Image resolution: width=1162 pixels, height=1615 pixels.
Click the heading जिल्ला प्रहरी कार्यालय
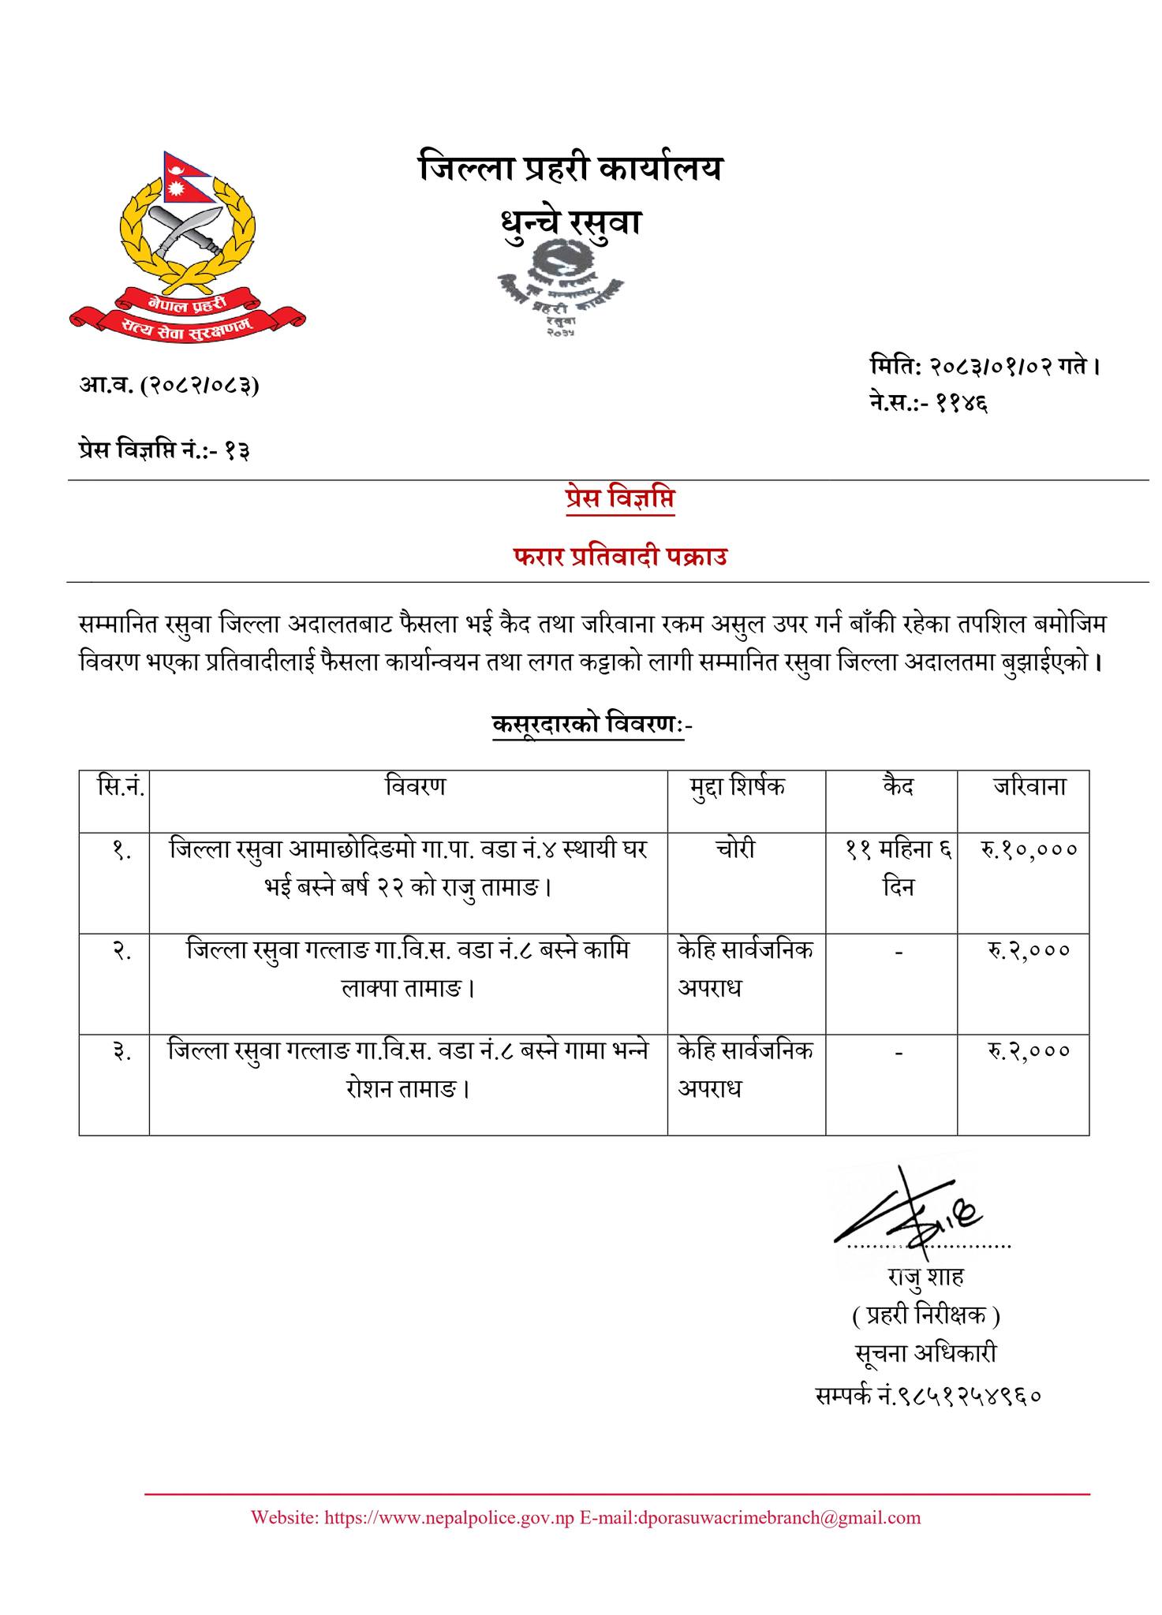point(570,169)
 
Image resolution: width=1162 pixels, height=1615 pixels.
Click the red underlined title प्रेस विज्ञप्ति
point(620,500)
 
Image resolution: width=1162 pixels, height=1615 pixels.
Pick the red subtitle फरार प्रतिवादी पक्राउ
point(619,558)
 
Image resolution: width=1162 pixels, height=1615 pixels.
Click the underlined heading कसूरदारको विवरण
point(587,724)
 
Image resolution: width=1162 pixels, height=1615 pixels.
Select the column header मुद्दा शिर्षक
point(738,787)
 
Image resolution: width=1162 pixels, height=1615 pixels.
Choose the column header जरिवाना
point(1029,787)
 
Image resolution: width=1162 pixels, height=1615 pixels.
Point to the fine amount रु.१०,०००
point(1029,850)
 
